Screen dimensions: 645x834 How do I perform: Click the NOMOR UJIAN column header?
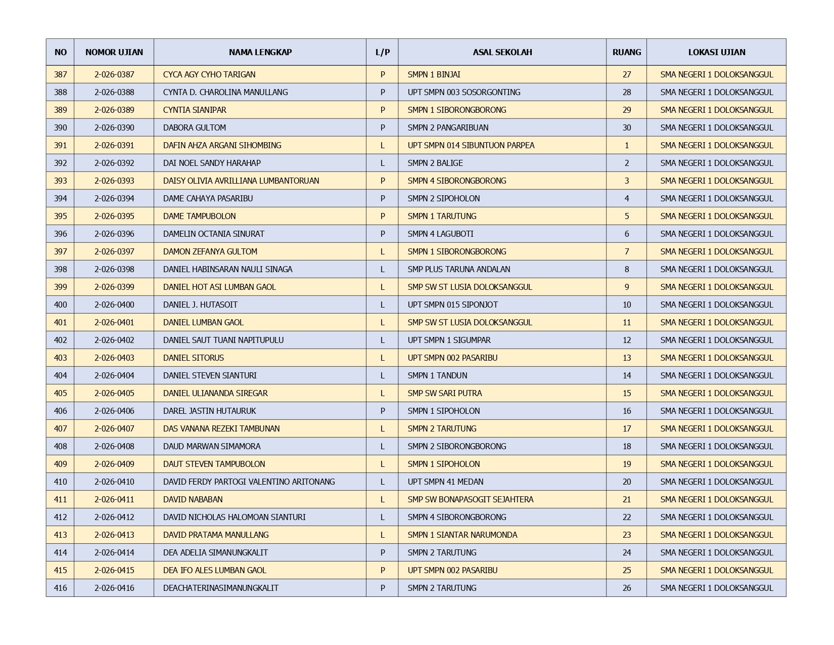114,52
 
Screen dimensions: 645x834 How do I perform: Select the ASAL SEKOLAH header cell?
502,52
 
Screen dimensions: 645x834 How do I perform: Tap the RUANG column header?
626,52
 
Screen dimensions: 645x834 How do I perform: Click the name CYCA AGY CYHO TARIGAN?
209,74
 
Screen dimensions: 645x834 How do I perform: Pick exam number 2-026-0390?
114,127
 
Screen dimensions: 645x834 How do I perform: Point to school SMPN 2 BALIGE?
435,163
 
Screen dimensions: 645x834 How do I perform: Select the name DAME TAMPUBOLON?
199,216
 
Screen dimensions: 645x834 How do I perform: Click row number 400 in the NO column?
60,305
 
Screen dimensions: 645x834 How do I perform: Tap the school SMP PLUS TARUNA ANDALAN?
458,269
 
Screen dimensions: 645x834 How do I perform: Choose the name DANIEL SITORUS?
193,358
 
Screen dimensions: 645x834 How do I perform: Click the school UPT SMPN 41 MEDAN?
445,482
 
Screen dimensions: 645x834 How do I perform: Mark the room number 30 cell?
626,127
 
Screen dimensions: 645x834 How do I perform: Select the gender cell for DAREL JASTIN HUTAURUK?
382,411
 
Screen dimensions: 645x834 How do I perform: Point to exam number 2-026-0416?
114,588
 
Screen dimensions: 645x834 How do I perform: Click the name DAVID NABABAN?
193,499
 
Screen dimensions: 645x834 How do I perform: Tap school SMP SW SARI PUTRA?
444,393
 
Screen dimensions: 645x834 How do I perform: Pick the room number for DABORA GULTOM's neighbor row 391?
626,145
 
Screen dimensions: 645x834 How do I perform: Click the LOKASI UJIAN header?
716,52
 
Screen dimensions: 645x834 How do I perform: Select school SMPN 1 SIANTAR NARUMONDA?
462,535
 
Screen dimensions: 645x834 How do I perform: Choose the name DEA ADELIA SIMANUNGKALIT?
215,552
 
